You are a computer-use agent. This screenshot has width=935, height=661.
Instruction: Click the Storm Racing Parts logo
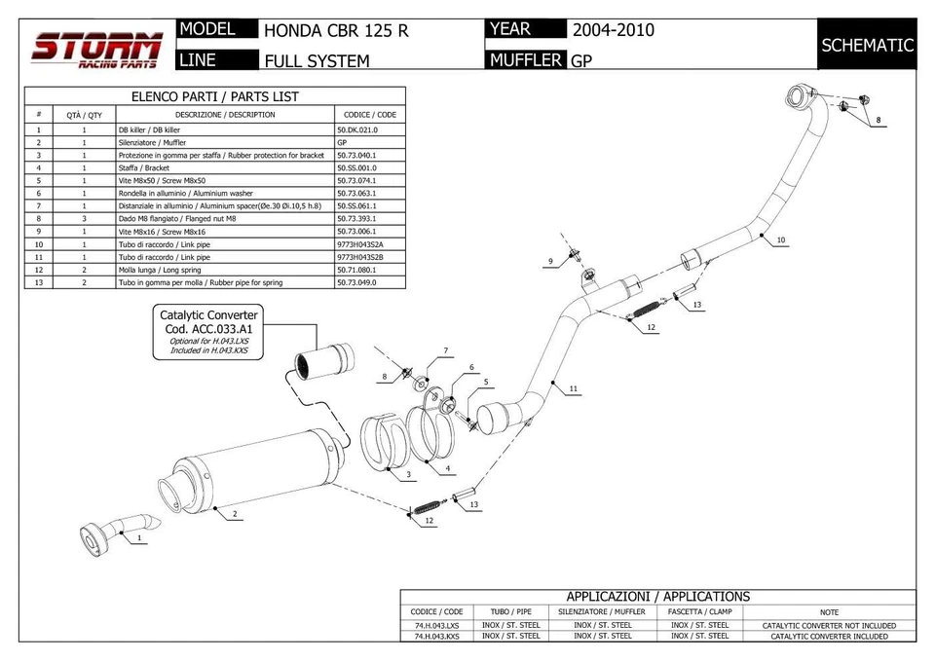(x=96, y=48)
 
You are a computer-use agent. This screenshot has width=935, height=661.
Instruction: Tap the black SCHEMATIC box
(x=867, y=45)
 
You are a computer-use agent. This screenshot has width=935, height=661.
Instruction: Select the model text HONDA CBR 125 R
(x=336, y=30)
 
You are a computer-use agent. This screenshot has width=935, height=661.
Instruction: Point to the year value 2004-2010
(x=613, y=30)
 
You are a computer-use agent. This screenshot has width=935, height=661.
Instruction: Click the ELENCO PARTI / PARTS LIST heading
(x=215, y=96)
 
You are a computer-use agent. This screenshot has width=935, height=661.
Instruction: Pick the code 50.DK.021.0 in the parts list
(x=356, y=129)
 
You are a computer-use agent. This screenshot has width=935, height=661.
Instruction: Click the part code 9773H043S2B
(x=359, y=257)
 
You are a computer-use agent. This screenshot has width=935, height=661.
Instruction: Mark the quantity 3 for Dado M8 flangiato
(x=84, y=219)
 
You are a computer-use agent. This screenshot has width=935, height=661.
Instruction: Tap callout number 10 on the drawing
(x=781, y=239)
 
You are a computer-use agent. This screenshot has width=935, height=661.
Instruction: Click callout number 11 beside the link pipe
(x=574, y=389)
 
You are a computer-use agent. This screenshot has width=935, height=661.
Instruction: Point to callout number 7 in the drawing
(x=445, y=350)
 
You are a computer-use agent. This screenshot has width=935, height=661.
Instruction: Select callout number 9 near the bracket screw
(x=550, y=261)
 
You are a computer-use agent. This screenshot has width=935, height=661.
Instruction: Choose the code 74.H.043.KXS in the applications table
(x=435, y=636)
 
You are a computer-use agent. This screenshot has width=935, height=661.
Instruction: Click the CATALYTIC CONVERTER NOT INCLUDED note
(x=828, y=625)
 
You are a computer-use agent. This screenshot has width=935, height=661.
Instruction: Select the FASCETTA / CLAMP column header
(x=699, y=611)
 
